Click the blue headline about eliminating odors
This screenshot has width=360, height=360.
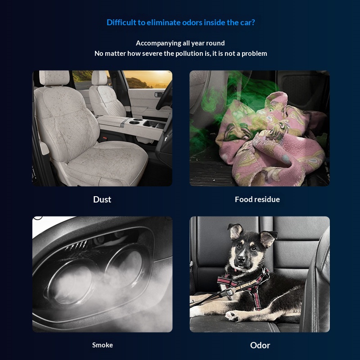[181, 22]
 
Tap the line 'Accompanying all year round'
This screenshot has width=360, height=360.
[180, 43]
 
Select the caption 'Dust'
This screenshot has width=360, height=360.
[102, 199]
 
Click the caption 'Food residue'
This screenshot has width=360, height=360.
[257, 199]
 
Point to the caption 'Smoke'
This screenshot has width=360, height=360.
[103, 345]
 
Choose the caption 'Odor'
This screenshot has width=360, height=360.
[260, 345]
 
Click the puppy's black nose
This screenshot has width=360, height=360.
[241, 259]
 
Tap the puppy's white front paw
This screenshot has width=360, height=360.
[232, 316]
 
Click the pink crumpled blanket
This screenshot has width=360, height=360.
[271, 140]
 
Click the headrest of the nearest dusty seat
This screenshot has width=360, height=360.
[54, 78]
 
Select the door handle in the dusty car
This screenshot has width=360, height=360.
[159, 94]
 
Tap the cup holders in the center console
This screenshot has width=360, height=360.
[135, 121]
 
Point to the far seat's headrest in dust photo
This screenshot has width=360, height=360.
[99, 77]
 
